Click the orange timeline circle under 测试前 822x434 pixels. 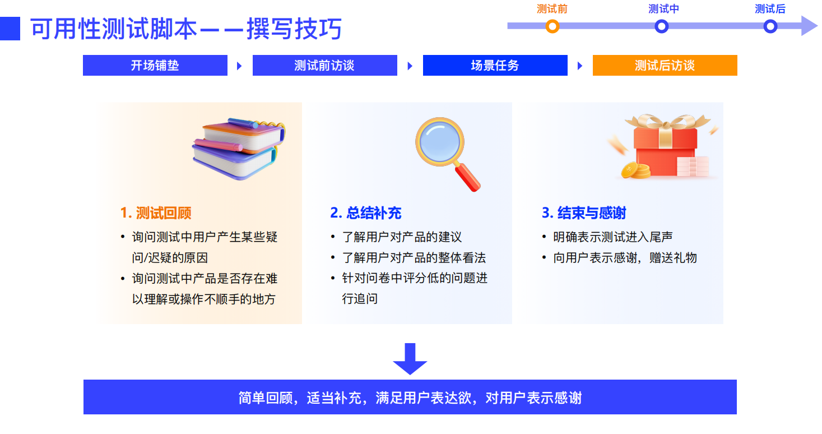pyautogui.click(x=552, y=26)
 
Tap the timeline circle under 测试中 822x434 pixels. pyautogui.click(x=662, y=26)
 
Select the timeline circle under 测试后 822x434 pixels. pyautogui.click(x=770, y=26)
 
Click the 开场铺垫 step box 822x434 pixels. pyautogui.click(x=155, y=65)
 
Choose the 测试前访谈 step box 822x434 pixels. pyautogui.click(x=324, y=65)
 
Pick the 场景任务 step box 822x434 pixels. pyautogui.click(x=495, y=65)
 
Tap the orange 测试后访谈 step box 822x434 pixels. pyautogui.click(x=665, y=65)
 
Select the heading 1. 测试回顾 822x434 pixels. pyautogui.click(x=156, y=213)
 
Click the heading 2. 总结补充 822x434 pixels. pyautogui.click(x=366, y=213)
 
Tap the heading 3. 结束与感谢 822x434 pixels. pyautogui.click(x=584, y=213)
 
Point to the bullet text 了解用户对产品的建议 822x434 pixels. pyautogui.click(x=402, y=237)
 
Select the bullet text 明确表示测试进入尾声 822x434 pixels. pyautogui.click(x=612, y=237)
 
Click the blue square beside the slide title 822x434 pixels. pyautogui.click(x=10, y=29)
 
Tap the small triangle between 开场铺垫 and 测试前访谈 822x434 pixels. pyautogui.click(x=239, y=66)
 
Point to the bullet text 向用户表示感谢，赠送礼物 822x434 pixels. pyautogui.click(x=625, y=258)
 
